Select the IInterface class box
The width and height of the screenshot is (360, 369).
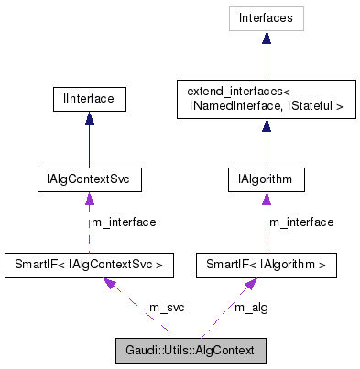[89, 96]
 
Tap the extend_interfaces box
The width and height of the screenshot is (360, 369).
[266, 99]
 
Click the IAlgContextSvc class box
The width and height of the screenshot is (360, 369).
[88, 179]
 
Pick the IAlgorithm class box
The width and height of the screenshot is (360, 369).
[266, 179]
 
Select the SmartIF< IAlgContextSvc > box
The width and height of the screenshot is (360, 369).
[89, 266]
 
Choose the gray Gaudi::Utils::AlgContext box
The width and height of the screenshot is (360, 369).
[190, 351]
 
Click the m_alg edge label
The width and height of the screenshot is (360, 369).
[251, 307]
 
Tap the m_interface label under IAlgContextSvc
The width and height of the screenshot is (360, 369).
[123, 222]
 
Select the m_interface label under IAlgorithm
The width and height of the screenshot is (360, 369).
[300, 222]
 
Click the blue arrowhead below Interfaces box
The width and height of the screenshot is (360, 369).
[266, 38]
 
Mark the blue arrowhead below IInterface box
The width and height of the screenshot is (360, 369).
[89, 118]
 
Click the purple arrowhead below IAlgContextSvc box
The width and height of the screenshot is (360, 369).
[89, 199]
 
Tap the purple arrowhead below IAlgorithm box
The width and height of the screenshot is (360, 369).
[266, 199]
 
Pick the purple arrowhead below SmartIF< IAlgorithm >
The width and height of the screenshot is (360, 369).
[248, 286]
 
